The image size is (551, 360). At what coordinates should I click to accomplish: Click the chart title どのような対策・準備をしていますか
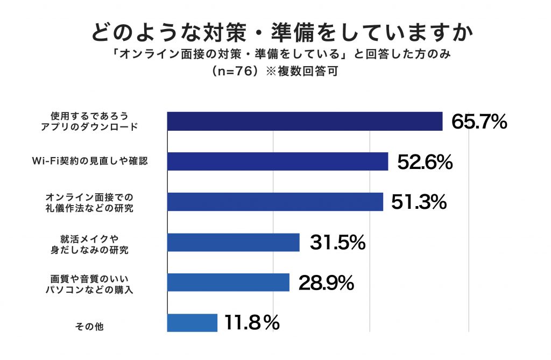[275, 32]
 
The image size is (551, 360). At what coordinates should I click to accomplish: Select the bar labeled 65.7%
[305, 122]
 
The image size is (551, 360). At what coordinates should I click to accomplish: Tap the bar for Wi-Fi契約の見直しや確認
[278, 161]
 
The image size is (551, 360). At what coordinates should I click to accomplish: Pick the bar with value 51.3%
[275, 202]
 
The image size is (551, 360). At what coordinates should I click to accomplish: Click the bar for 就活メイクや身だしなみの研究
[233, 242]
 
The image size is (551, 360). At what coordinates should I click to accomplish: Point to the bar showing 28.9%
[228, 282]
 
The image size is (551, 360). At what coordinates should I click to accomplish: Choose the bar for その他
[192, 322]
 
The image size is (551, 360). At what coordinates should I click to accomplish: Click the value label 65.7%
[479, 122]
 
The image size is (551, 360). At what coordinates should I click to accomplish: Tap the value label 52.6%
[425, 162]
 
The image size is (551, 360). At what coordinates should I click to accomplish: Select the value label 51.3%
[419, 202]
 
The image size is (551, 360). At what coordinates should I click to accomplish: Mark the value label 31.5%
[337, 243]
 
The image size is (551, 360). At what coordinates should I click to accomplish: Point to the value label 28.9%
[326, 283]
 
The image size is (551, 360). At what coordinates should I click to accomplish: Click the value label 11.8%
[252, 323]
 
